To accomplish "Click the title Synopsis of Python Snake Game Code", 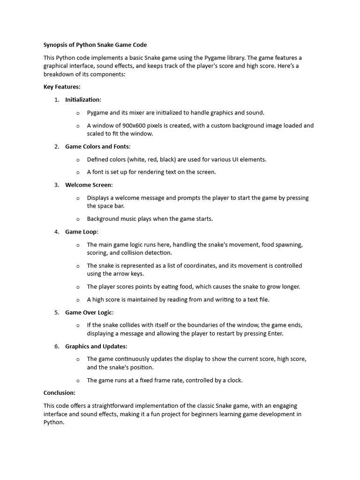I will click(95, 45).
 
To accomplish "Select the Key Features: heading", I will click(62, 87).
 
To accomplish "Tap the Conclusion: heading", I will click(60, 393).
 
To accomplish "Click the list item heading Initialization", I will click(82, 99).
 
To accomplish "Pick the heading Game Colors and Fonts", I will click(97, 147).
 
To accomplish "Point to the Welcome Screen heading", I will click(88, 185).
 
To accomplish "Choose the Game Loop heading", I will click(81, 232).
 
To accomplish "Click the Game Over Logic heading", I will click(89, 313).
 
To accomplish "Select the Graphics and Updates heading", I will click(96, 346).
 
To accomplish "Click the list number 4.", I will click(57, 232).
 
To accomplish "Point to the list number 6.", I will click(57, 346).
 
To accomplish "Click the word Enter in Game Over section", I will click(275, 334).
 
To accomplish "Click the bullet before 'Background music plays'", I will click(78, 219).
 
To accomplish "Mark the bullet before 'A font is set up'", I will click(78, 172).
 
